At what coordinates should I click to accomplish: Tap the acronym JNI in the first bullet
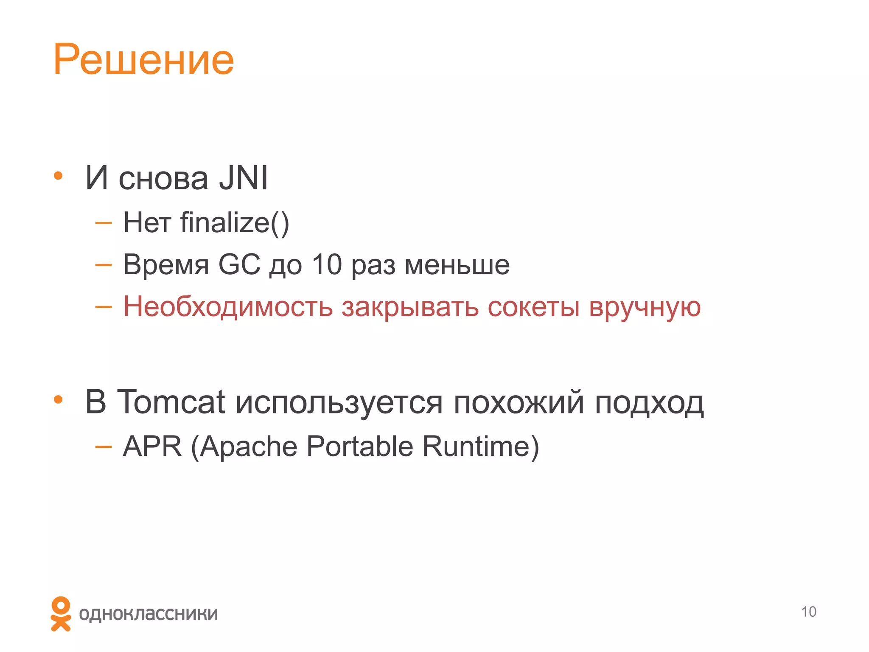point(243,178)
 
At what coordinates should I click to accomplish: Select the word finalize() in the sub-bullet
point(235,223)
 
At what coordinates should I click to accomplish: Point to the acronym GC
point(239,264)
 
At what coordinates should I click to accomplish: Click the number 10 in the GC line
point(327,264)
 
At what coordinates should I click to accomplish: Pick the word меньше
point(457,265)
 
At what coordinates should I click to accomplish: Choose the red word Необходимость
point(228,307)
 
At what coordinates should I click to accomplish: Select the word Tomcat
point(171,402)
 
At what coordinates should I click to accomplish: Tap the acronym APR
point(152,447)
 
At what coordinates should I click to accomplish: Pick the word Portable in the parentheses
point(359,447)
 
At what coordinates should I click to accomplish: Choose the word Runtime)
point(480,447)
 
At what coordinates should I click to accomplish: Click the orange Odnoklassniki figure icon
point(61,613)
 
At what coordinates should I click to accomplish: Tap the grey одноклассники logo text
point(149,614)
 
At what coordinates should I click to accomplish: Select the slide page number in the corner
point(808,612)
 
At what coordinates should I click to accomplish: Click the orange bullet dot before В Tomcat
point(58,399)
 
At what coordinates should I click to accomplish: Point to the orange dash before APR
point(104,447)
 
